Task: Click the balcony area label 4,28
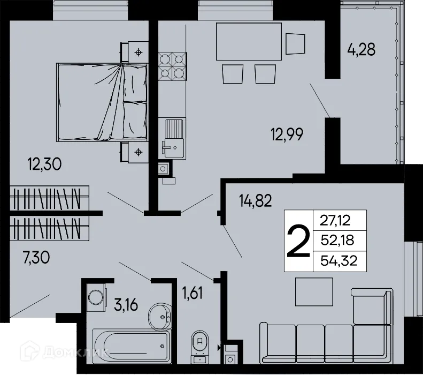[x=362, y=50]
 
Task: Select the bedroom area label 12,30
[x=44, y=164]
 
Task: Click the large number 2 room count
[x=298, y=241]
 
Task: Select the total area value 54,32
[x=339, y=261]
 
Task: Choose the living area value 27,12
[x=339, y=219]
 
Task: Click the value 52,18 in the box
[x=339, y=240]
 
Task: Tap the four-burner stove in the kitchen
[x=172, y=64]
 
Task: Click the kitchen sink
[x=172, y=137]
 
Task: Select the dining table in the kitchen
[x=248, y=42]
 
